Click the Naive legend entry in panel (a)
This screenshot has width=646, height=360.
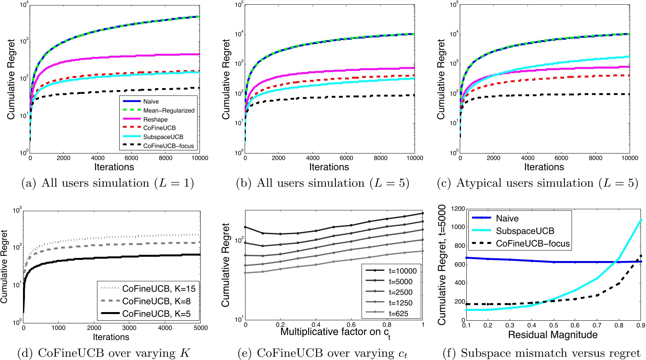click(151, 102)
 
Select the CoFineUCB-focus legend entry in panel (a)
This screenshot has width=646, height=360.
click(168, 146)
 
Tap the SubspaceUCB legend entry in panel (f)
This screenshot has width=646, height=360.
click(524, 231)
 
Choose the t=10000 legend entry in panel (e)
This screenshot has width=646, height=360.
click(402, 271)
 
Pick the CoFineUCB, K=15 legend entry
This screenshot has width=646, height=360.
click(159, 289)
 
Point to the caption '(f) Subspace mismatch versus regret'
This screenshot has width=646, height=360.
click(542, 353)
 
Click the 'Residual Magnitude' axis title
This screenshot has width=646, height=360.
click(552, 335)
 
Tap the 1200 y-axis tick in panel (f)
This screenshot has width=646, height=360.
click(457, 209)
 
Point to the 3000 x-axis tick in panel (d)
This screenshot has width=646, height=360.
click(129, 328)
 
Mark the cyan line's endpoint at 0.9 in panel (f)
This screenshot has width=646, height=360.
click(641, 221)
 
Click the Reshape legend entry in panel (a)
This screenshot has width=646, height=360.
click(155, 120)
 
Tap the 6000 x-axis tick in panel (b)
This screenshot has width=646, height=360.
click(346, 158)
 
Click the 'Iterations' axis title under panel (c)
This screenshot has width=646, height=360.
click(544, 167)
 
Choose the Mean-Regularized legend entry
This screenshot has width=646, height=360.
click(169, 111)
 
